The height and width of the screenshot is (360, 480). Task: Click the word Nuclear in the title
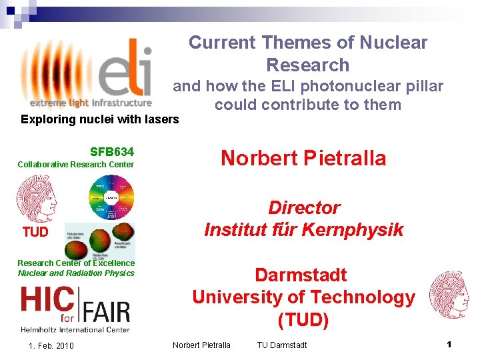coord(393,43)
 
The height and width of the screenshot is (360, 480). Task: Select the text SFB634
coord(111,151)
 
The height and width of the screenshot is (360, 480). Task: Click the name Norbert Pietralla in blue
coord(303,158)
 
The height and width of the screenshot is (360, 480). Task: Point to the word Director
coord(304,207)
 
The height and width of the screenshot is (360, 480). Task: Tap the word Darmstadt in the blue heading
coord(301,275)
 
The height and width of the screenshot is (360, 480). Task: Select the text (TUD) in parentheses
coord(303,320)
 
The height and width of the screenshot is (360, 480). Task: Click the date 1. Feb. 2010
coord(51,345)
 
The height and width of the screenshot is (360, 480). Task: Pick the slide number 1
coord(449,345)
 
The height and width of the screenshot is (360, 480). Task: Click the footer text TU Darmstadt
coord(282,345)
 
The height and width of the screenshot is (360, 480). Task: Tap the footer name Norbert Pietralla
coord(201,345)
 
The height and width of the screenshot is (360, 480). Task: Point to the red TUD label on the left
coord(35,232)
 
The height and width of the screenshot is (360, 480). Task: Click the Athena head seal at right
coord(449,293)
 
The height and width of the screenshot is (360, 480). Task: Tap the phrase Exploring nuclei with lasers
coord(100,119)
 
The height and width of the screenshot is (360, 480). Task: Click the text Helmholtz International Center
coord(75,329)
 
